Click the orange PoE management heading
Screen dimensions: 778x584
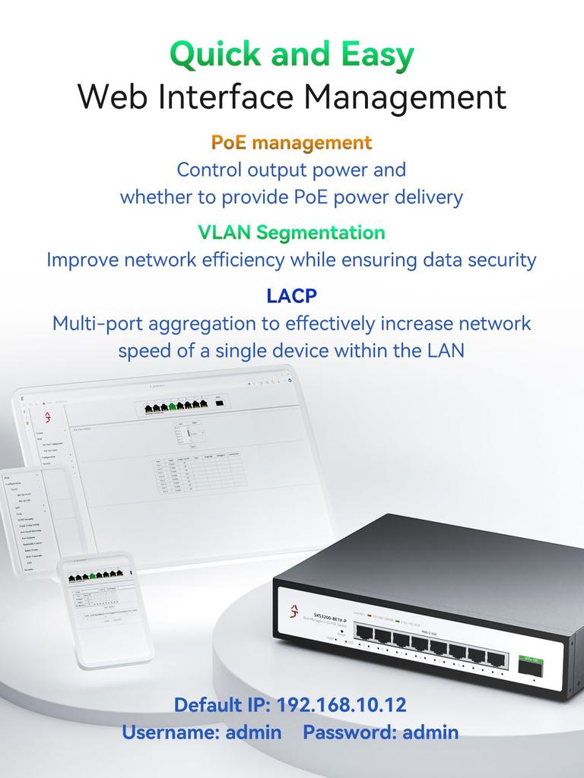292,142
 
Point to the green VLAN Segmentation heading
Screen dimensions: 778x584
292,232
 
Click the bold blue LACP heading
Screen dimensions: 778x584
292,295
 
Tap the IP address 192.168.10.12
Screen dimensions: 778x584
341,704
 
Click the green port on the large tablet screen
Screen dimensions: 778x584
173,408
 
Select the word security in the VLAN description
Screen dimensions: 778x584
497,260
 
